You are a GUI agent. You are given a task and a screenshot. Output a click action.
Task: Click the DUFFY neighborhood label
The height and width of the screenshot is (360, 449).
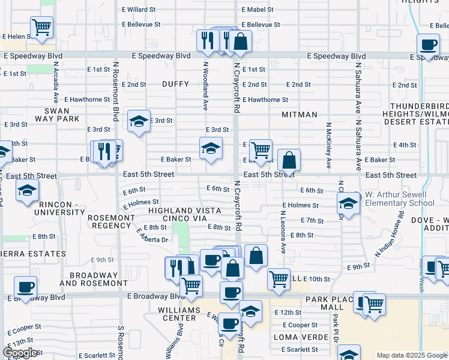coord(175,85)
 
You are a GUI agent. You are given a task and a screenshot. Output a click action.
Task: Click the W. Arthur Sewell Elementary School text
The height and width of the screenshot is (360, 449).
coord(399,199)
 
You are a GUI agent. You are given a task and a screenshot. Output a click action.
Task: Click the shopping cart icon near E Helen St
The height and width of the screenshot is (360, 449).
coord(41,26)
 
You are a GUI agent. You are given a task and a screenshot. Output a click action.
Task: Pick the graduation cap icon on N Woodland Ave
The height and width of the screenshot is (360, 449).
coord(211,148)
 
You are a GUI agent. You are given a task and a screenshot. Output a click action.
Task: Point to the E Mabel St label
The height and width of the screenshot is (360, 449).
coord(258,10)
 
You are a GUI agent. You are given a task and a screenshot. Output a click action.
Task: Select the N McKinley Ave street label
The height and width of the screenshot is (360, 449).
coord(328,146)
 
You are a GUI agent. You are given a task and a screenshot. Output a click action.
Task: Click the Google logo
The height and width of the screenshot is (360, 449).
coord(20,353)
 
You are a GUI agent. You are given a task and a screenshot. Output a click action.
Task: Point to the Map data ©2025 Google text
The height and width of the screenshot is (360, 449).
coord(412,355)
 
